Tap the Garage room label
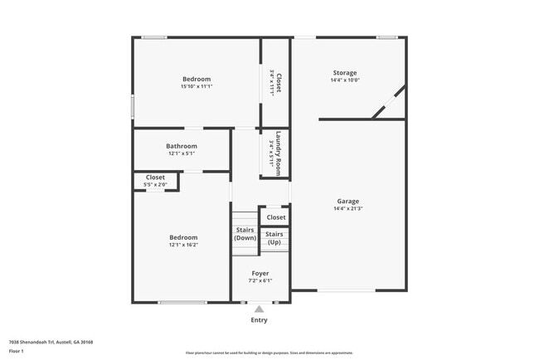(347, 201)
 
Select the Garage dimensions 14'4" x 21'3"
(347, 208)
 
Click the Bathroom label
(181, 145)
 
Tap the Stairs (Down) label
(245, 233)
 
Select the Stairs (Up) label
(274, 238)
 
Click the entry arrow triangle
(259, 309)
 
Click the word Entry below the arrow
(259, 320)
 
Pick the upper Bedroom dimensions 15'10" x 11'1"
(197, 86)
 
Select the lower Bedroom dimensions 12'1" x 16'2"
(183, 245)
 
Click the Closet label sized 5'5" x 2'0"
(155, 178)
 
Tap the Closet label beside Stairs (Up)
(276, 217)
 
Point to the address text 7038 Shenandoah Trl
(51, 342)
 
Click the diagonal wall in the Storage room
(388, 101)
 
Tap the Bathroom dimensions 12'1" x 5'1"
(181, 153)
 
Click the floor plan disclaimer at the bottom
(269, 353)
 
